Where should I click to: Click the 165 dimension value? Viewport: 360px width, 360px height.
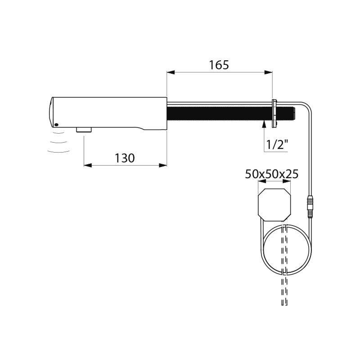[219, 65]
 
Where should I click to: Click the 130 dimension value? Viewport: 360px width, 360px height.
[125, 158]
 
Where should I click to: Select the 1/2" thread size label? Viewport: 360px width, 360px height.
[276, 145]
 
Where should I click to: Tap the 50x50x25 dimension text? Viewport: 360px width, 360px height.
[272, 174]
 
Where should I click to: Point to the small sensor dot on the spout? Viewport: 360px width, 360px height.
[56, 125]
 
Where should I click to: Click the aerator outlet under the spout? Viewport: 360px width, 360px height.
[84, 130]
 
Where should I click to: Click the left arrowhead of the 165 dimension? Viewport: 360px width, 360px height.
[170, 72]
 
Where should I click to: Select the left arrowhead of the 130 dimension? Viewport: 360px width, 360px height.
[87, 165]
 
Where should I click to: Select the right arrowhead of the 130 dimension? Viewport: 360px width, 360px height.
[164, 165]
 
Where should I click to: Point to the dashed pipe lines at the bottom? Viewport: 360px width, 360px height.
[284, 288]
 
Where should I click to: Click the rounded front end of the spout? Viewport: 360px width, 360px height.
[50, 112]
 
